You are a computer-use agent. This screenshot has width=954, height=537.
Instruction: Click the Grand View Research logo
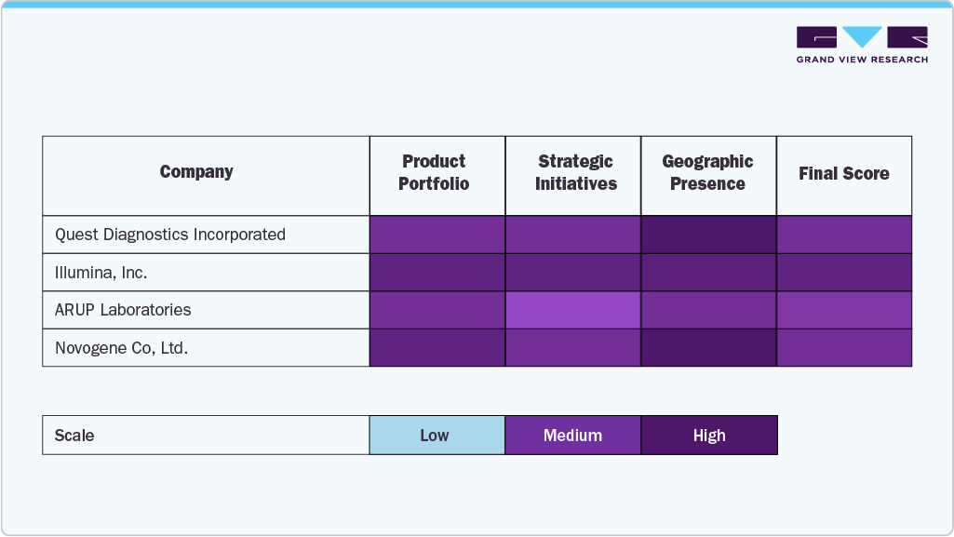tap(862, 45)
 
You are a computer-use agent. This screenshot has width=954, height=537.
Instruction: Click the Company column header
tap(196, 172)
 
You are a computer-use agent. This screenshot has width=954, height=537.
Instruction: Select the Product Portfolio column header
tap(434, 173)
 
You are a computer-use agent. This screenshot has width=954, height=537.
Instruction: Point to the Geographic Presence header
tap(707, 173)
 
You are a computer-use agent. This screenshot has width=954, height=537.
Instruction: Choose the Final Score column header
tap(843, 174)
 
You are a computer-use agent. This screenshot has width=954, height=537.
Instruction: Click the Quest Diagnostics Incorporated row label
tap(170, 235)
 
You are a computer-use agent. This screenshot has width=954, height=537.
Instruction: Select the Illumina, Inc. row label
tap(101, 273)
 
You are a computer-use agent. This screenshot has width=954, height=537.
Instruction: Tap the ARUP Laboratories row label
tap(123, 310)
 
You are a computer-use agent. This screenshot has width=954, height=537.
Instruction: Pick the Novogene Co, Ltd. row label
tap(122, 348)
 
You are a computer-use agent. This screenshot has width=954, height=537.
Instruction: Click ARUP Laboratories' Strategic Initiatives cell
tap(573, 310)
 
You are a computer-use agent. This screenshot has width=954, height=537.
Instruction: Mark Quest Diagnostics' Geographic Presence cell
tap(708, 235)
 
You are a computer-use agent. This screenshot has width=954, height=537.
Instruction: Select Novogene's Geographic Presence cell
tap(708, 348)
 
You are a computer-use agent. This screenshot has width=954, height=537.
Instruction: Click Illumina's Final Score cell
tap(844, 273)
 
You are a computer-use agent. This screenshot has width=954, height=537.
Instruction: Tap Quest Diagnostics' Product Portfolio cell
tap(437, 235)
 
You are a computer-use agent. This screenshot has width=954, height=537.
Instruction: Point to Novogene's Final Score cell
tap(844, 348)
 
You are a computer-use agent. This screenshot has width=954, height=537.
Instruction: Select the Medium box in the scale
tap(573, 436)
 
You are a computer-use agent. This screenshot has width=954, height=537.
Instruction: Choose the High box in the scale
tap(709, 436)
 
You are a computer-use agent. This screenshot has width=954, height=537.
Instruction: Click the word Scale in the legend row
tap(74, 436)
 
